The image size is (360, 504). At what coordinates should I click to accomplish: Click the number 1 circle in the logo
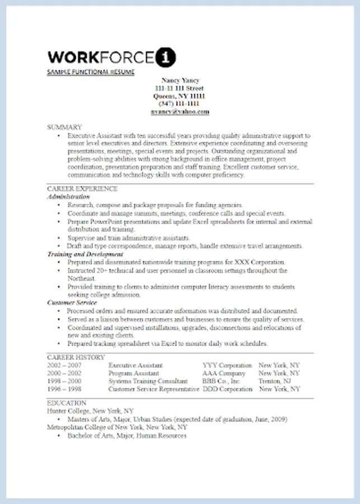(x=167, y=57)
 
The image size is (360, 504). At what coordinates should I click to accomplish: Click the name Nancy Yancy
(x=180, y=80)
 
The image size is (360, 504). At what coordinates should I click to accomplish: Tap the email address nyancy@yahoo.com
(x=180, y=111)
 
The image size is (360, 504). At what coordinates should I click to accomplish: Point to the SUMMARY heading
(x=64, y=127)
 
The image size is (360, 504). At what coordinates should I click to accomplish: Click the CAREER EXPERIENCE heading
(x=82, y=189)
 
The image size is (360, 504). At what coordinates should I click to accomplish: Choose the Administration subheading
(x=68, y=197)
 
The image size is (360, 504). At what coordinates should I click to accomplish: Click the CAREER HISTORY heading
(x=76, y=357)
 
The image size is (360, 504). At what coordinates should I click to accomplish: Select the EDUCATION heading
(x=67, y=403)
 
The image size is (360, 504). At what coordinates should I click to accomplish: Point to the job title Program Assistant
(x=133, y=373)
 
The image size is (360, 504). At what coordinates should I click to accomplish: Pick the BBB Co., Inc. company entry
(x=221, y=381)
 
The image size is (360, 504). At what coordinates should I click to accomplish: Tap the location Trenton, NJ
(x=274, y=381)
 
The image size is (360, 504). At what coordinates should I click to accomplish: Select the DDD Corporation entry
(x=227, y=389)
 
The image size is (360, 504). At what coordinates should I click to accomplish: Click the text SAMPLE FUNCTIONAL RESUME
(x=91, y=72)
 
